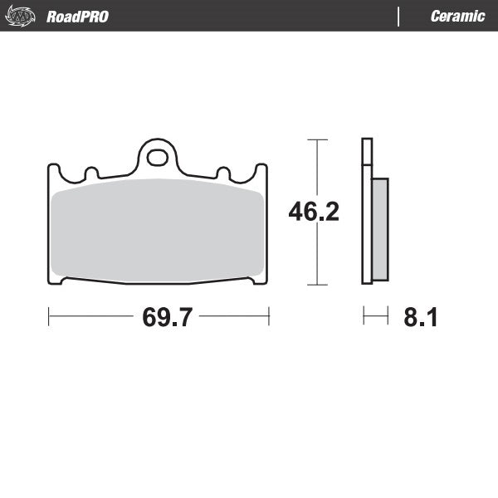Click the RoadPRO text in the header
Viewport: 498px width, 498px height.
click(x=77, y=17)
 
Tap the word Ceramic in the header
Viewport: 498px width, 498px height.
click(x=457, y=17)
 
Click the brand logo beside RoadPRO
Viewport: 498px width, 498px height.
click(x=22, y=17)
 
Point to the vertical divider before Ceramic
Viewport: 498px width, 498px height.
click(x=399, y=17)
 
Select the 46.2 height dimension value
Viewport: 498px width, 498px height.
click(x=314, y=212)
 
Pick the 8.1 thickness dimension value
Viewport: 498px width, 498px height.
click(x=420, y=317)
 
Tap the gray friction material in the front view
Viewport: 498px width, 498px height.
click(x=158, y=228)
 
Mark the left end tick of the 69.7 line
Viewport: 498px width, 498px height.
click(x=49, y=316)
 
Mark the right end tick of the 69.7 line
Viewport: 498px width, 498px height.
click(x=269, y=316)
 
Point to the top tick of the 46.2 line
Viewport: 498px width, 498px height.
click(x=313, y=139)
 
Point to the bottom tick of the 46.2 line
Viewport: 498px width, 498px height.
click(x=313, y=285)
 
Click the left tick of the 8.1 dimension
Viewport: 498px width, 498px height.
click(x=364, y=316)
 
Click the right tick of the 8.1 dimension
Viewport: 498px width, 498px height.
click(x=388, y=316)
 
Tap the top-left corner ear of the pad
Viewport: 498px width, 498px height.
click(x=53, y=170)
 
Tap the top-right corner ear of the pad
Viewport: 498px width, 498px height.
click(x=263, y=170)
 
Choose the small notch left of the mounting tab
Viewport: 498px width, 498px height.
click(x=91, y=173)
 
